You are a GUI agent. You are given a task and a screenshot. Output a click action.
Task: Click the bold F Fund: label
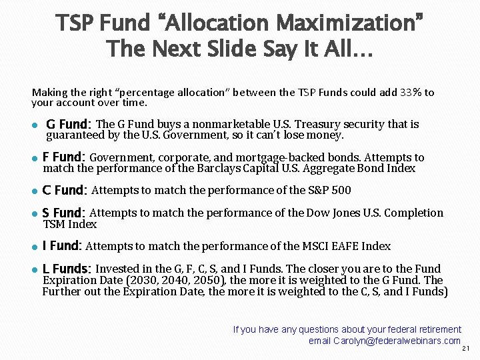point(63,158)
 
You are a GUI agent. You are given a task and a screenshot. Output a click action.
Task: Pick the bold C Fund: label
point(64,191)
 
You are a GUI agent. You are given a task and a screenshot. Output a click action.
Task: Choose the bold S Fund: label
point(63,213)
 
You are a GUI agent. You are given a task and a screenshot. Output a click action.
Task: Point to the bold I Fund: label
point(61,246)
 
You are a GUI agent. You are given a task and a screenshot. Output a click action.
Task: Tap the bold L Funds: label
point(67,269)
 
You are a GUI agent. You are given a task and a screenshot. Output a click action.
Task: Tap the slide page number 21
point(466,348)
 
